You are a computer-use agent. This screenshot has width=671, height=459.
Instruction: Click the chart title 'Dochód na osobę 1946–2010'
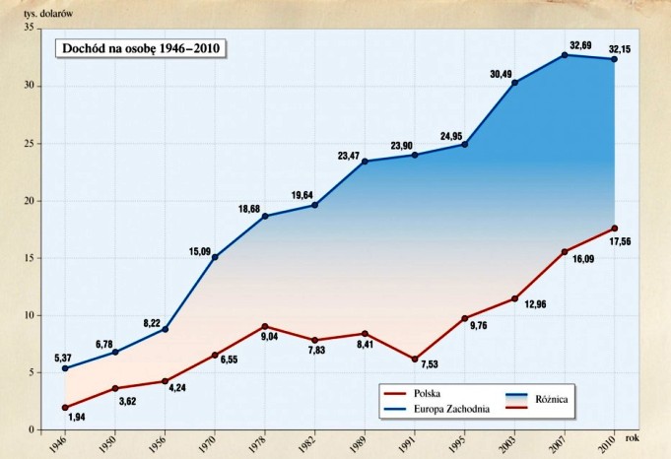pyautogui.click(x=139, y=47)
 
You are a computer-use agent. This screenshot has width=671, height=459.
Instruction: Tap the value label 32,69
pyautogui.click(x=582, y=45)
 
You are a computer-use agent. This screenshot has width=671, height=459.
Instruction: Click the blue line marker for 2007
pyautogui.click(x=565, y=55)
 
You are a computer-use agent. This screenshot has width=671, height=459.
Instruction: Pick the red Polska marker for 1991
pyautogui.click(x=415, y=360)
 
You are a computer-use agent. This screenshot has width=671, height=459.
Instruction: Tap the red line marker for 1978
pyautogui.click(x=265, y=326)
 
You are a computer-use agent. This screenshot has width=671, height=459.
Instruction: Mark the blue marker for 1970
pyautogui.click(x=215, y=257)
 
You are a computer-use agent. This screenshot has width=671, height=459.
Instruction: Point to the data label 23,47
pyautogui.click(x=354, y=155)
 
